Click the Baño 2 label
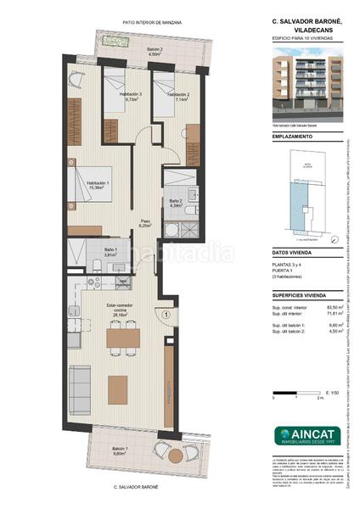tap(177, 203)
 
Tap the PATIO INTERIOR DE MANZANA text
tap(153, 23)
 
